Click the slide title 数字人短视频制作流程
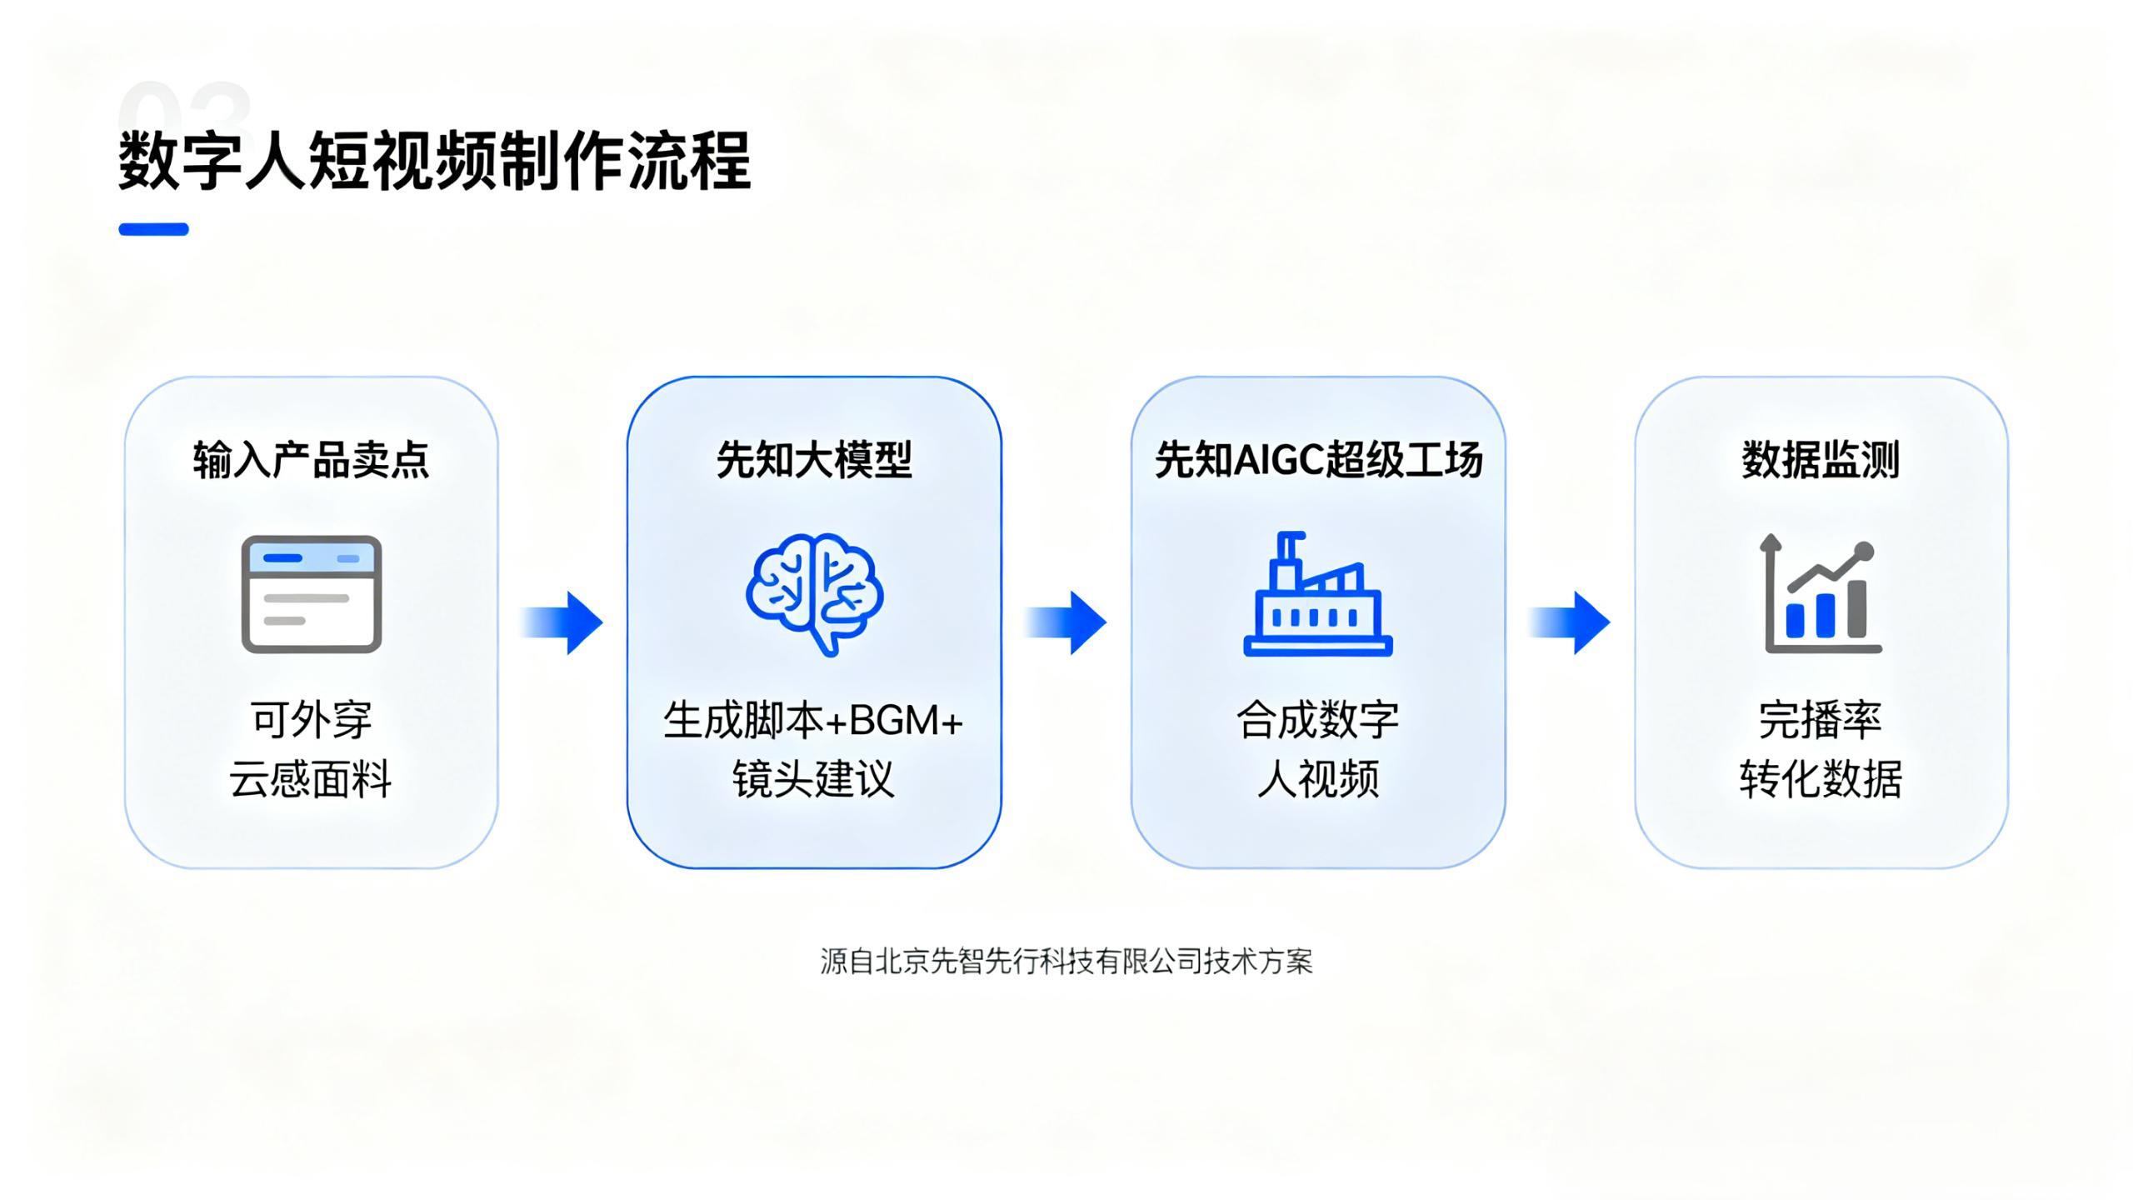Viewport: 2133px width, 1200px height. coord(434,160)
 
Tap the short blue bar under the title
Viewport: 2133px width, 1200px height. coord(153,229)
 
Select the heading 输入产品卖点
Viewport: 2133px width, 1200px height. coord(311,460)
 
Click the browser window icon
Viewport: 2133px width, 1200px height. coord(312,594)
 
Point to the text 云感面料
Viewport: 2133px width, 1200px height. coord(311,779)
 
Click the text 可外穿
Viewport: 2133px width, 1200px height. coord(311,720)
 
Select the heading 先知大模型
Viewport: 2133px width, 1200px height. coord(814,460)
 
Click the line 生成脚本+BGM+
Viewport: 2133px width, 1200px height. coord(813,720)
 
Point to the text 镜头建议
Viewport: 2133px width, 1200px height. coord(813,779)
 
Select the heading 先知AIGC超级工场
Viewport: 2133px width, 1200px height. coord(1318,460)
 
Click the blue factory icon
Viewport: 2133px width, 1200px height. coord(1317,594)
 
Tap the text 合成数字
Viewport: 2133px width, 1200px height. coord(1317,720)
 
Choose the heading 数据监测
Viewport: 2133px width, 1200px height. coord(1821,460)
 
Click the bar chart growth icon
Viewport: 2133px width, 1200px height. coord(1821,594)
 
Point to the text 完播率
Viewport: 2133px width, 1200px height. coord(1821,720)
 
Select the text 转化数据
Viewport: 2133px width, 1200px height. coord(1821,779)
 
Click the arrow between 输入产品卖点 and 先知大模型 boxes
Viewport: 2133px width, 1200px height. coord(563,622)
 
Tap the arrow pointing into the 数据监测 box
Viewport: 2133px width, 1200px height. coord(1570,622)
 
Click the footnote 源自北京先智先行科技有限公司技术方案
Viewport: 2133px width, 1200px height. coord(1066,962)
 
